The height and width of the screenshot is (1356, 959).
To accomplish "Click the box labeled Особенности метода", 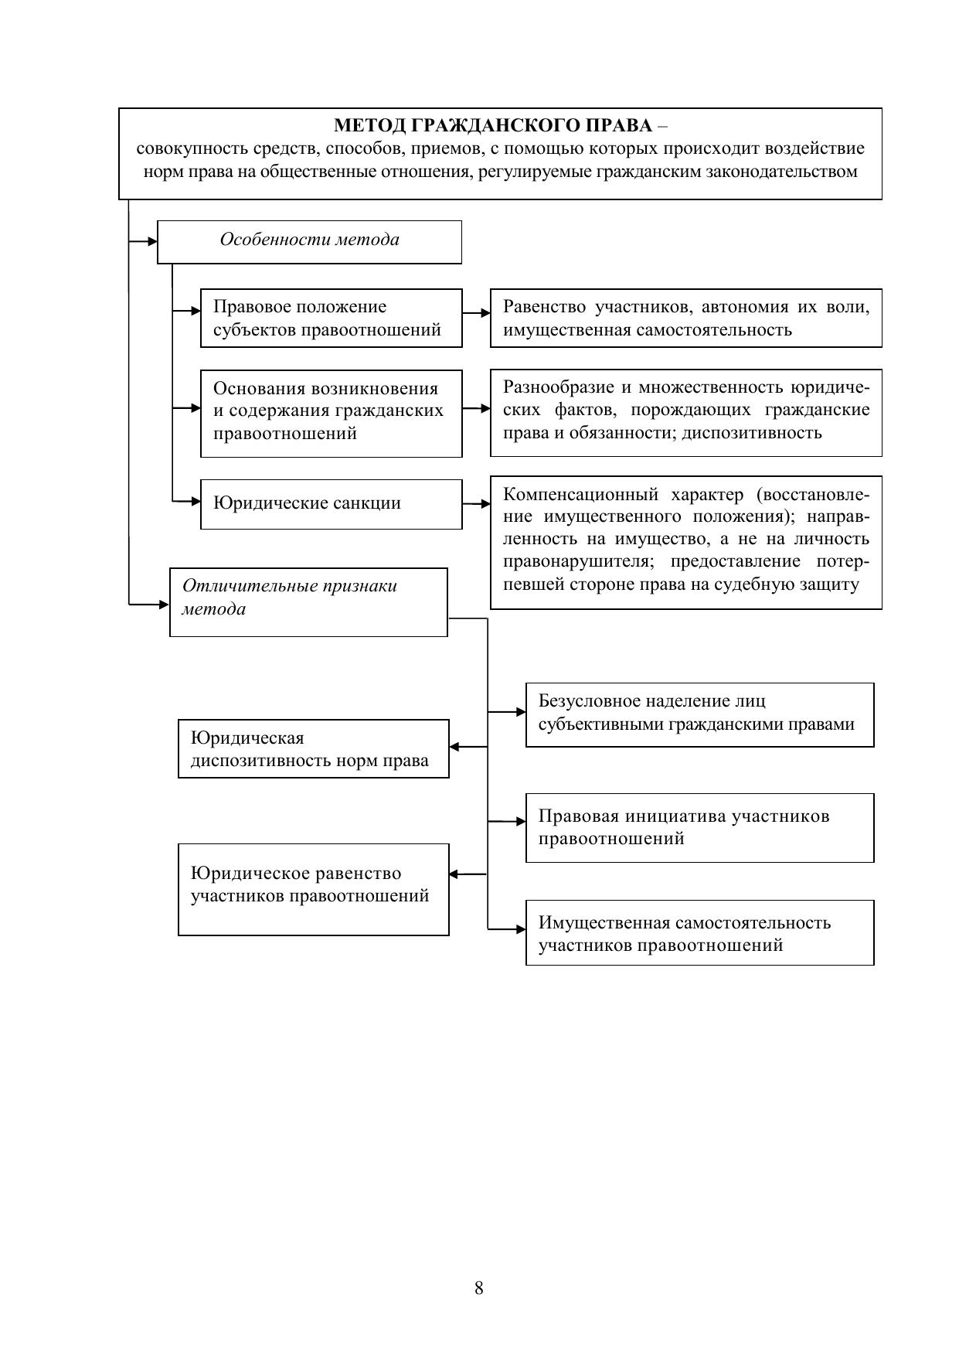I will point(309,241).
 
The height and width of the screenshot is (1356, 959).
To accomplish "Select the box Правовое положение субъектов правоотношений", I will point(331,318).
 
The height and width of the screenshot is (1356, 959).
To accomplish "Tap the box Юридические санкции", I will point(331,504).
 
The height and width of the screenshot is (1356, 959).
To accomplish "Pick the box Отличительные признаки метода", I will point(308,601).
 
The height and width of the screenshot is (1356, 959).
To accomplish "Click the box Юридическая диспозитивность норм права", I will point(313,748).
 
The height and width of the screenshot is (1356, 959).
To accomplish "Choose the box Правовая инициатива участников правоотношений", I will point(699,827).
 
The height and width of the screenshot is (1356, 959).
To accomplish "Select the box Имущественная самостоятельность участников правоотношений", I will point(699,932).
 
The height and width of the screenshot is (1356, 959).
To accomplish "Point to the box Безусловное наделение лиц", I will point(699,714).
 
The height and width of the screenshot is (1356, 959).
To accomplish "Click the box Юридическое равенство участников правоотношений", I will point(313,889).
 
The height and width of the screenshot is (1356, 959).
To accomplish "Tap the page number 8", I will point(479,1288).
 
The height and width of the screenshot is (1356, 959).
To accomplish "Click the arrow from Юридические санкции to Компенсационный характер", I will point(476,504).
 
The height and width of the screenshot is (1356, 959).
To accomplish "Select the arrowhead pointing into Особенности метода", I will point(152,241).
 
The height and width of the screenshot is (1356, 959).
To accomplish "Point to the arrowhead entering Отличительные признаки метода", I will point(164,604).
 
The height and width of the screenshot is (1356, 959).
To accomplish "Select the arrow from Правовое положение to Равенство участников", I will point(476,313).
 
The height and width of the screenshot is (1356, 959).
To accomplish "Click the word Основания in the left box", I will point(259,389).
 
